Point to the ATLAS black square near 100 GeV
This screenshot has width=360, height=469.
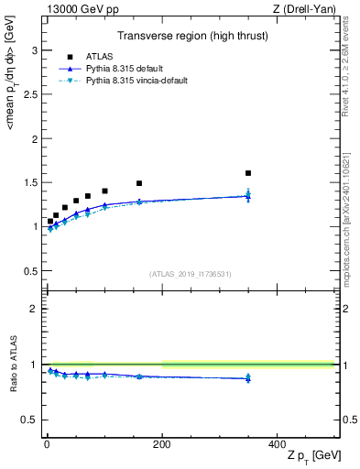coord(104,191)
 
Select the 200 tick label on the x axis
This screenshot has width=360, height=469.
coord(161,443)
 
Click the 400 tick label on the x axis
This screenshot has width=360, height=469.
coord(277,443)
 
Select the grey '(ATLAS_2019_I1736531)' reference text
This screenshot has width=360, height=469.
coord(190,274)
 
